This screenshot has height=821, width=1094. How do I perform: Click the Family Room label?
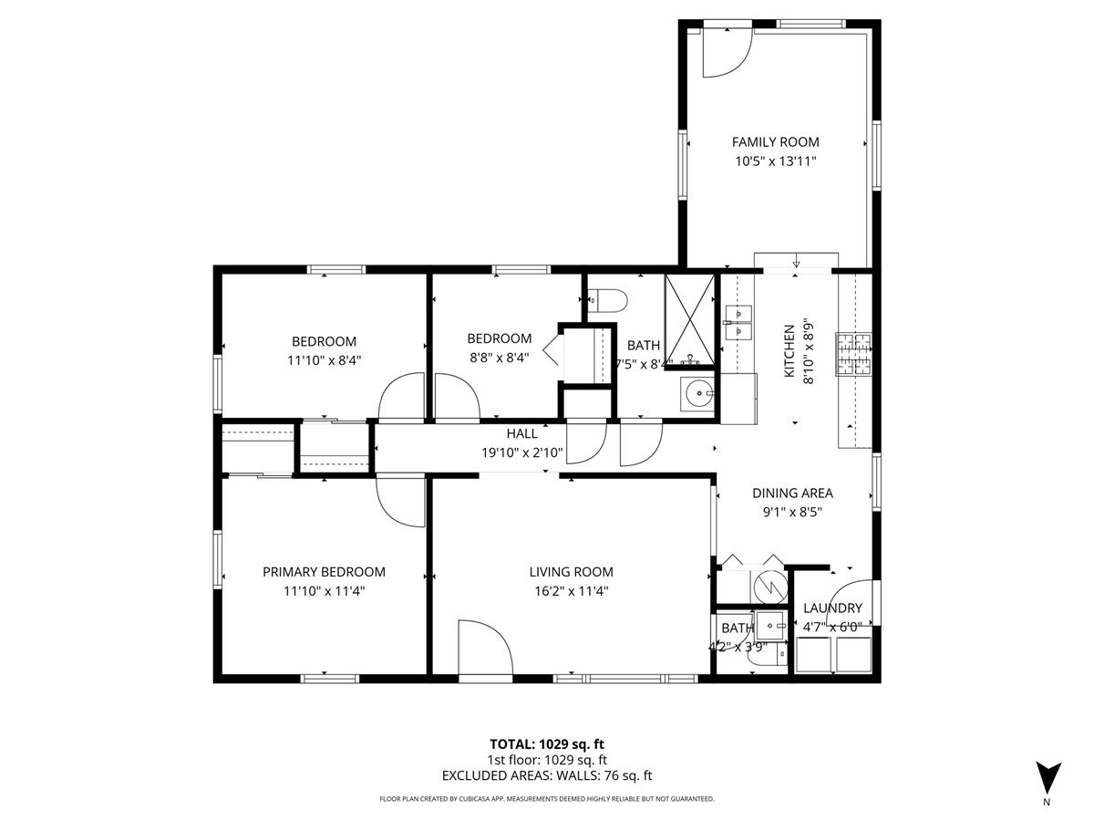point(775,141)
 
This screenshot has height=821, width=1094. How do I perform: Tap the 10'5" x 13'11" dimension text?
point(775,161)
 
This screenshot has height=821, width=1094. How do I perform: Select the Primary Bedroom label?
point(324,572)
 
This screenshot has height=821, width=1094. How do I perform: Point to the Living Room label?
point(571,572)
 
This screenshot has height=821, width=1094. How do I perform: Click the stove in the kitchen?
point(854,355)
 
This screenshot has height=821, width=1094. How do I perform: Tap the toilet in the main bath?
point(605,300)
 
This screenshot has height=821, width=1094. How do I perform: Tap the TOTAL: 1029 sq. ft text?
point(547,743)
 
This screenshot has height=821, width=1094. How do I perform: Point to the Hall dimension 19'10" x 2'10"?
point(522,452)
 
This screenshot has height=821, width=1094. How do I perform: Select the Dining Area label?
point(792,493)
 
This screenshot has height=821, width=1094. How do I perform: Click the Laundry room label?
point(832,608)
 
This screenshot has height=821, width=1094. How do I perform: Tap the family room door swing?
point(727,53)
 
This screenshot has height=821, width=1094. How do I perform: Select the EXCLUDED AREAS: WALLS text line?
point(547,776)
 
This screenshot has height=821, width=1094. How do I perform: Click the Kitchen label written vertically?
point(790,351)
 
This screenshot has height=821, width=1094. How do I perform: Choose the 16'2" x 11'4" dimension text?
point(571,591)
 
